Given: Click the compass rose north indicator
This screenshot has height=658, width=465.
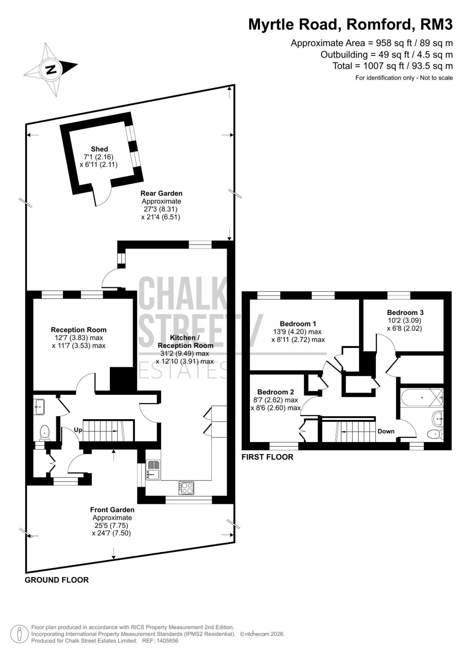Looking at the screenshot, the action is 51,70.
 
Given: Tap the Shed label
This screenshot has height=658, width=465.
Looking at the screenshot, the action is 99,149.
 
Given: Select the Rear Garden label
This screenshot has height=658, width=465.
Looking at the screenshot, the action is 161,193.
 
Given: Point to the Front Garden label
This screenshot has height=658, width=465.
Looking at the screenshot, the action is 112,510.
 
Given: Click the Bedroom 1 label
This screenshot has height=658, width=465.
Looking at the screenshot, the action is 298,324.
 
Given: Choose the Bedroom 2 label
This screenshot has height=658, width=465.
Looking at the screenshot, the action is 275,392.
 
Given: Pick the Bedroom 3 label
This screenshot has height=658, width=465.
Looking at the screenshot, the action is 405,312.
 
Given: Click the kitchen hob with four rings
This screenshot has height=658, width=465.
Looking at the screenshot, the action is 186,488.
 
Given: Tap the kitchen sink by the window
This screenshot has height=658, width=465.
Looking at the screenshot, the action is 153,469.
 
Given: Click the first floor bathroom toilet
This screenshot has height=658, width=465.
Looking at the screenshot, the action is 435,434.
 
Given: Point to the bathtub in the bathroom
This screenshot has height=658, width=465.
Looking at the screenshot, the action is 422,397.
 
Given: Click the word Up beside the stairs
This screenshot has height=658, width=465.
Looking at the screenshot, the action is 78,430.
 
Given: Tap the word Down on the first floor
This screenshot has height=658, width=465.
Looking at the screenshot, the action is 386,431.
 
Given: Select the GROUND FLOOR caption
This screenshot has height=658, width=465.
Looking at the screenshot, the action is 57,580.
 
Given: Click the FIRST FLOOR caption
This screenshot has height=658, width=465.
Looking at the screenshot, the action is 267,457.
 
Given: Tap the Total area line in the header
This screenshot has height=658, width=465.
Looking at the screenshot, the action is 393,66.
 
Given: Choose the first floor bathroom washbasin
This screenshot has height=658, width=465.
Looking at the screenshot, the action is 438,417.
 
